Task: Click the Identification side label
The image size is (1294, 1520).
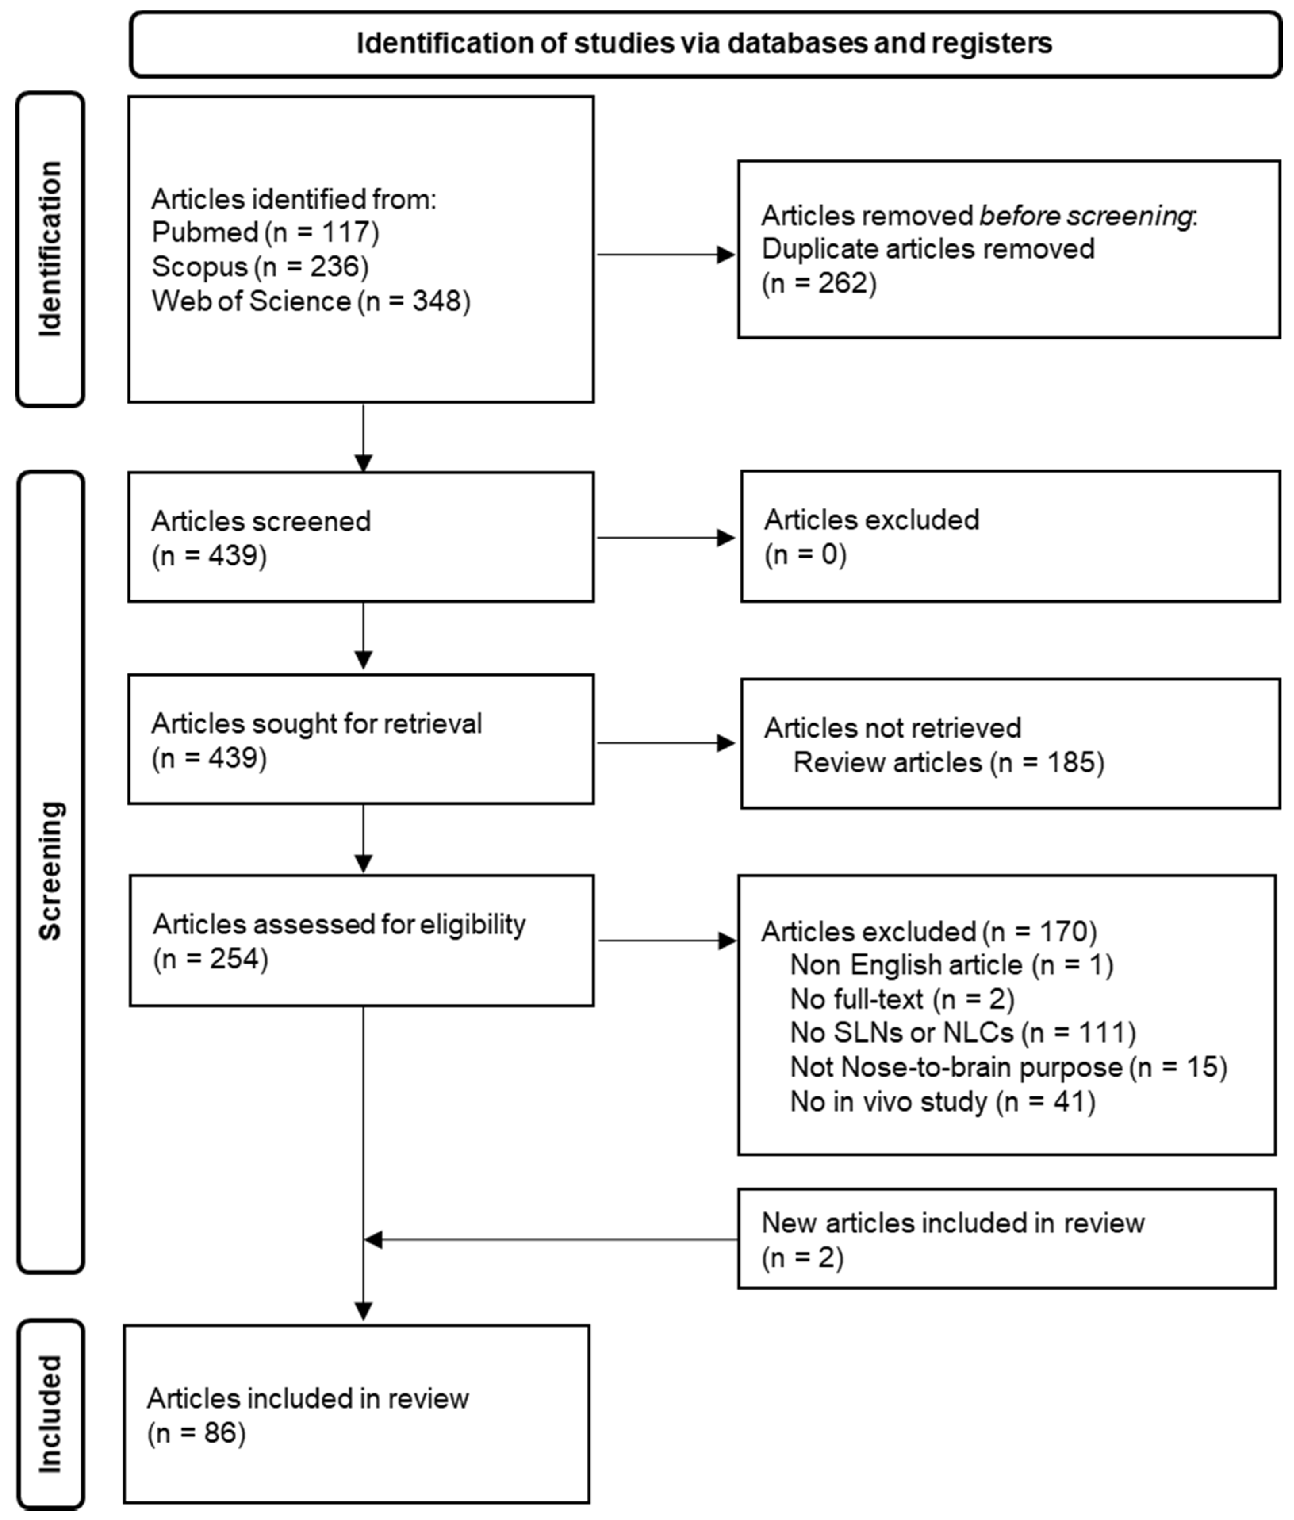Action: click(x=50, y=249)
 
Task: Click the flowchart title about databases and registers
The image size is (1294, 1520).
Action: click(x=704, y=44)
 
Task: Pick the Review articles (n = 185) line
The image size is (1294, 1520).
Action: click(x=949, y=763)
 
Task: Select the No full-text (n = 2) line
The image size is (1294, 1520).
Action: click(x=901, y=999)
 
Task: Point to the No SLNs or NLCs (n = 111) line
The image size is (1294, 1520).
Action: click(x=962, y=1033)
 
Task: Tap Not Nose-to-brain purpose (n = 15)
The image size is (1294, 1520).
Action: click(x=1008, y=1068)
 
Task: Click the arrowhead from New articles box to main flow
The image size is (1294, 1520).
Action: click(x=373, y=1240)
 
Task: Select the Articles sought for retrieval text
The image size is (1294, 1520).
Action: click(x=317, y=724)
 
